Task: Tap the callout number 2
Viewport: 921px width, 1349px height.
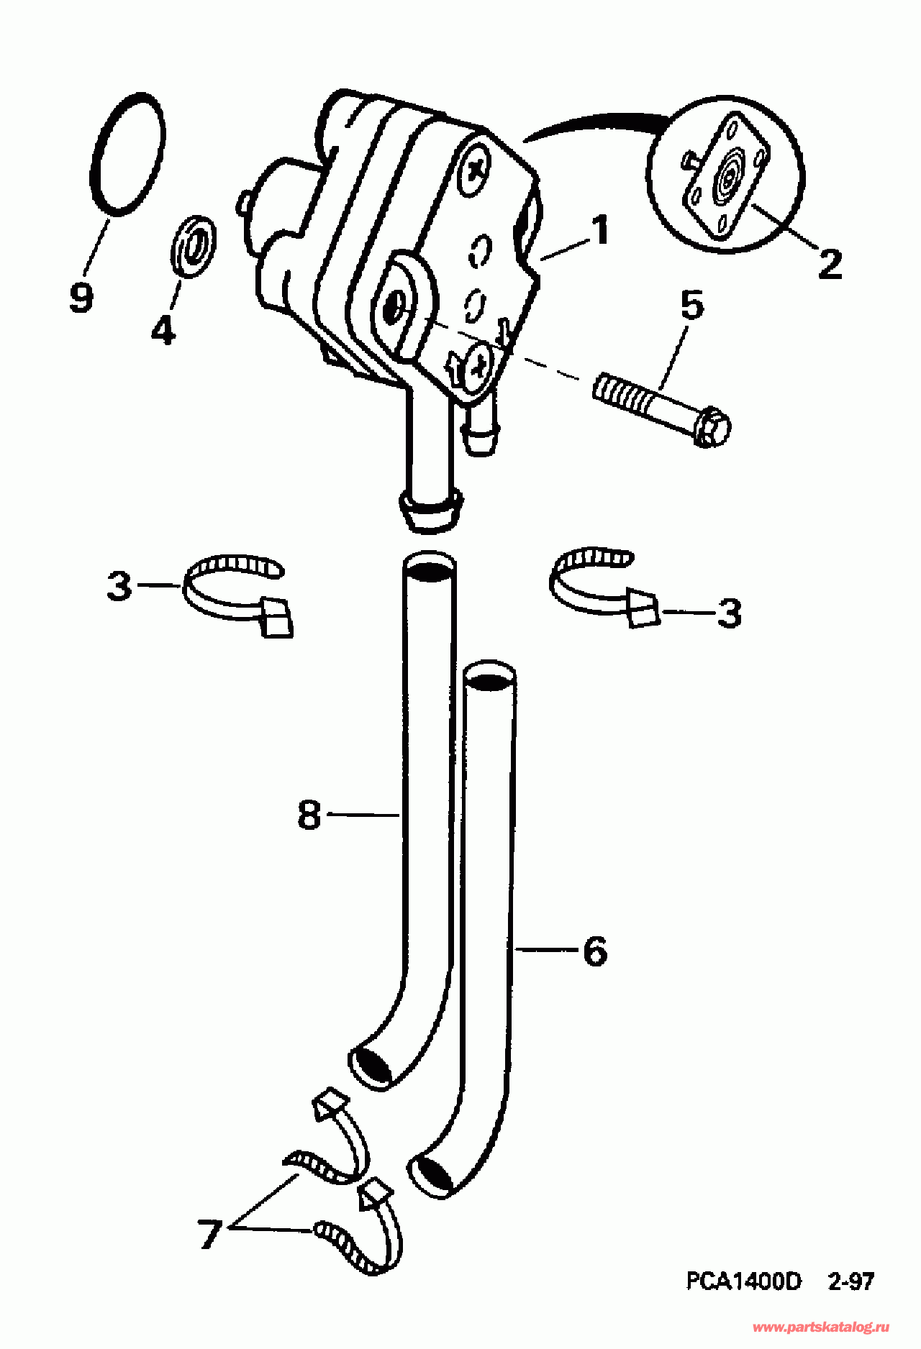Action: tap(830, 265)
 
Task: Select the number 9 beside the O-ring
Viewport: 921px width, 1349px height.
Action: tap(81, 297)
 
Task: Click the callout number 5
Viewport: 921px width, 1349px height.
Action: tap(691, 306)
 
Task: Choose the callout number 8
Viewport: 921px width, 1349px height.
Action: tap(309, 815)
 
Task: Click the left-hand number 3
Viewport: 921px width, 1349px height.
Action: tap(119, 585)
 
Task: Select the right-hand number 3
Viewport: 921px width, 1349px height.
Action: tap(729, 613)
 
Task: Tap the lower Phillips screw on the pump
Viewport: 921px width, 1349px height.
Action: tap(477, 365)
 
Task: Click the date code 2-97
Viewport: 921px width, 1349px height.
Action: tap(850, 1281)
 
